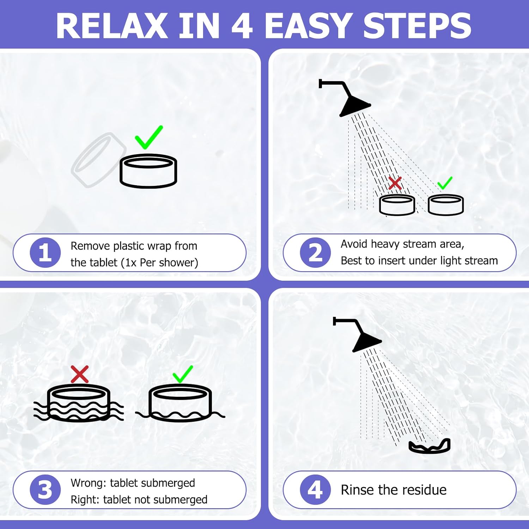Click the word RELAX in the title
(x=111, y=26)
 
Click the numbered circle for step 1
(x=45, y=253)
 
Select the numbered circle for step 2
(x=315, y=253)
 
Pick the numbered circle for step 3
(x=45, y=490)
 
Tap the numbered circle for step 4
(x=315, y=490)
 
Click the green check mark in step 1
(x=148, y=138)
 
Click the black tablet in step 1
(x=148, y=171)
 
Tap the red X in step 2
(x=395, y=183)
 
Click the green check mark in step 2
(x=445, y=183)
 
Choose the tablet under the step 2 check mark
(x=446, y=205)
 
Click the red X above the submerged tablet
(x=80, y=374)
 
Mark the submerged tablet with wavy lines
(x=79, y=403)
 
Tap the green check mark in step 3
(x=183, y=374)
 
